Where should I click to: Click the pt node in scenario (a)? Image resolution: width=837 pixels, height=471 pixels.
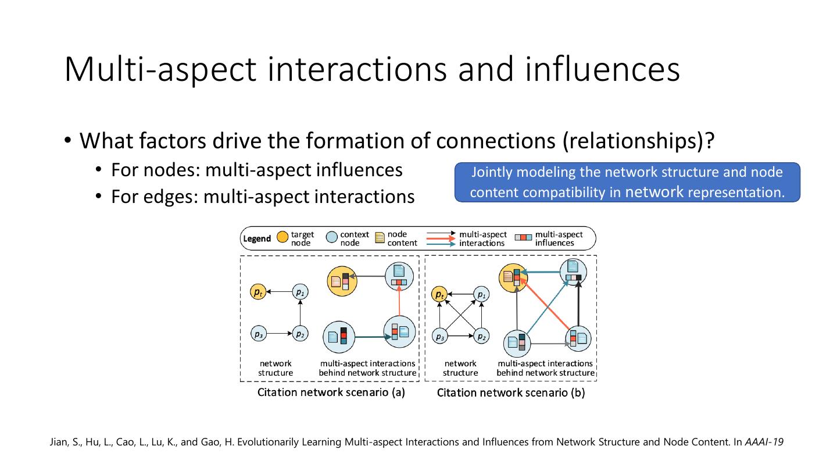pos(257,292)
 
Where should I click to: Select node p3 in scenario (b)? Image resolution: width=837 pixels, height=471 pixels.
pos(440,337)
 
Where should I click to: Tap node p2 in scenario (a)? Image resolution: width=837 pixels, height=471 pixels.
pos(299,334)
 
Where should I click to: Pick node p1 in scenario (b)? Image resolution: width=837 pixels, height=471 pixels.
pos(481,295)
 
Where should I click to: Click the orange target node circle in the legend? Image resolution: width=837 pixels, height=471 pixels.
pos(282,238)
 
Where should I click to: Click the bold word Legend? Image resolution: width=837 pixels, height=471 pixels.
pos(257,238)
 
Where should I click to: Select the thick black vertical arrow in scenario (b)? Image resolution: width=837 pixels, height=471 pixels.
pos(579,302)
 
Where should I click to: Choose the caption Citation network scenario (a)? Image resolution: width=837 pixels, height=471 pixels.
pos(331,392)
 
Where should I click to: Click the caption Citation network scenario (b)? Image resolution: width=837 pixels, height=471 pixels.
pos(511,392)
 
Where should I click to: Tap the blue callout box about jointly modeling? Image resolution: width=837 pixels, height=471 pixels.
pos(627,182)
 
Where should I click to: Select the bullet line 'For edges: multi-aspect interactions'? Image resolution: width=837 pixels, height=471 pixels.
pos(263,197)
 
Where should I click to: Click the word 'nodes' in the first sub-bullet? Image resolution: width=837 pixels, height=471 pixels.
pos(176,170)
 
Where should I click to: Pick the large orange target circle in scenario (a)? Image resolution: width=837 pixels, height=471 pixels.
pos(342,280)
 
